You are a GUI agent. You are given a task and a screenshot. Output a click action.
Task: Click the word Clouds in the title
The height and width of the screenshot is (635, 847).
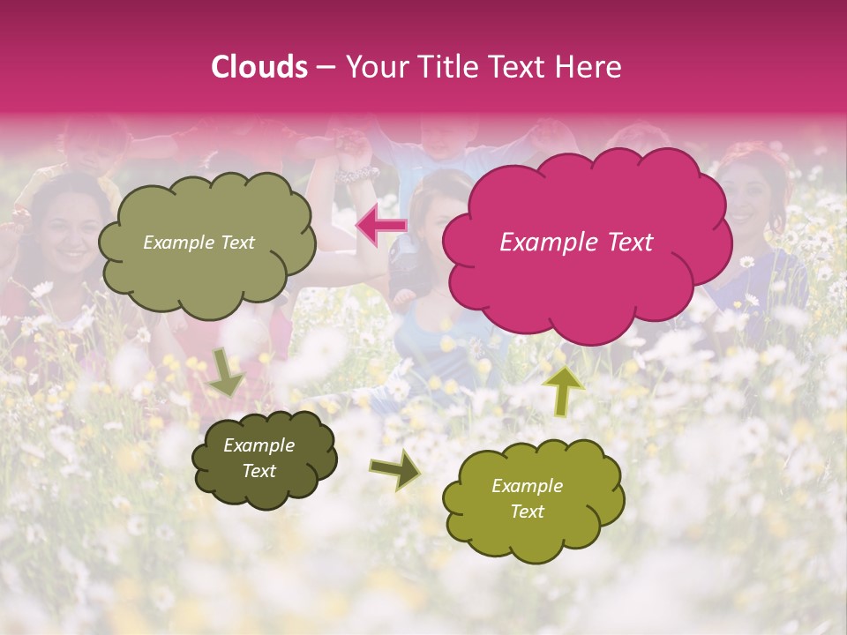259,67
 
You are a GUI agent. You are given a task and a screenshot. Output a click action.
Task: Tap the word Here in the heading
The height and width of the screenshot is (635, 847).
591,67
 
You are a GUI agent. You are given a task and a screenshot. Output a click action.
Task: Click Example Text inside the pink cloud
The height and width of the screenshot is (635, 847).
576,243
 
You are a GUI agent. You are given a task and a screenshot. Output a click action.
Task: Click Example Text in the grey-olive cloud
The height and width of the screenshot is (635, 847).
199,243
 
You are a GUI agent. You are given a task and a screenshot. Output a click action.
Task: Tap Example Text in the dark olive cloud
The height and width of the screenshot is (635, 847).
259,458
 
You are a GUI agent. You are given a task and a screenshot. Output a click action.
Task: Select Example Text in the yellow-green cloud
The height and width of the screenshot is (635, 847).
527,498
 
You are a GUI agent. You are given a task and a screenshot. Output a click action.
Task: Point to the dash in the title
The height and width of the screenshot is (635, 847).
326,68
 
